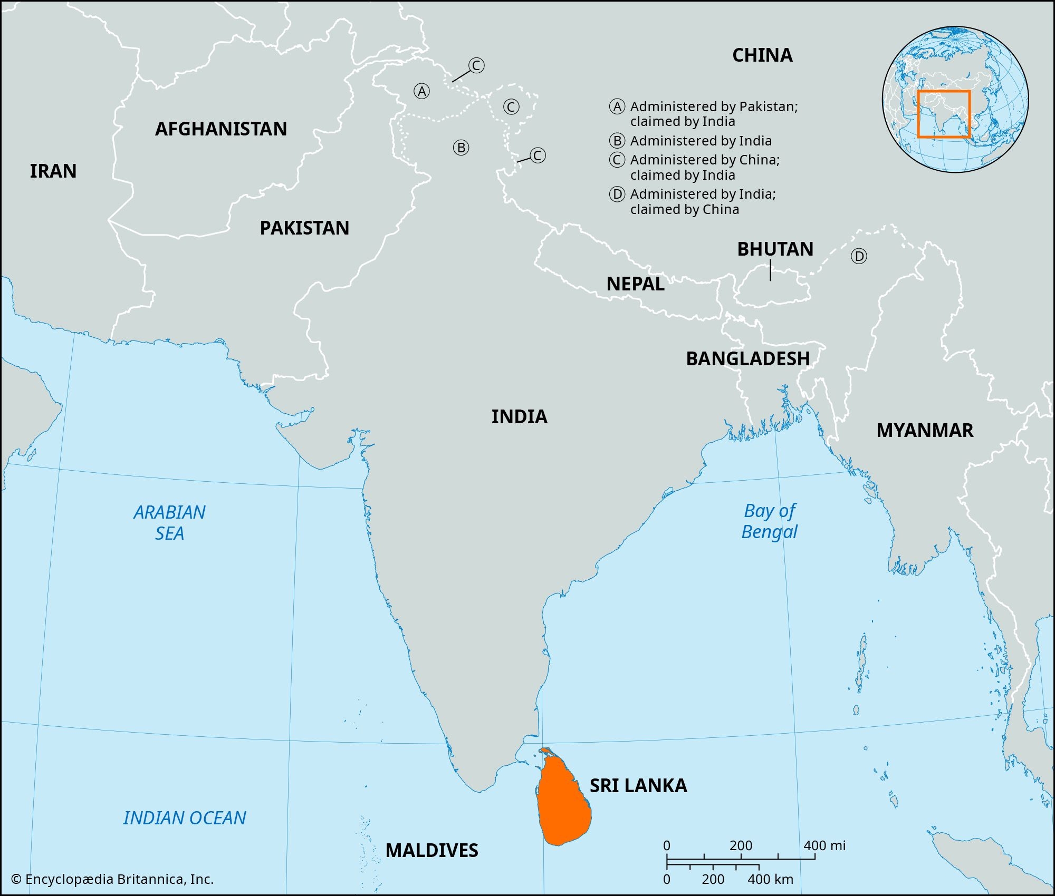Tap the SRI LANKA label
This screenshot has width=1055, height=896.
pyautogui.click(x=638, y=786)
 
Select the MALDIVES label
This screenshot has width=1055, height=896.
pyautogui.click(x=431, y=850)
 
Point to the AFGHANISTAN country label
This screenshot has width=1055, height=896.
pyautogui.click(x=220, y=129)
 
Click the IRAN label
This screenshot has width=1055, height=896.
pyautogui.click(x=53, y=171)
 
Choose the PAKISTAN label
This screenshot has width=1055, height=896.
pyautogui.click(x=304, y=228)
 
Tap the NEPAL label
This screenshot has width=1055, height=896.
pyautogui.click(x=635, y=284)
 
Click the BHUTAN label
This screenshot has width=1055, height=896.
pyautogui.click(x=775, y=249)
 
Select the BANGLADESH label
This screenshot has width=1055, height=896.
pyautogui.click(x=747, y=359)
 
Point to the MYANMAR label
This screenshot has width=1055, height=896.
pyautogui.click(x=925, y=431)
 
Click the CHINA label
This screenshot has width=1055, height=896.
pyautogui.click(x=762, y=55)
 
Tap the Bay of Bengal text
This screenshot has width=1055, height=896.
pyautogui.click(x=770, y=521)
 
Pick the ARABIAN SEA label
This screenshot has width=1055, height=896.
pyautogui.click(x=169, y=523)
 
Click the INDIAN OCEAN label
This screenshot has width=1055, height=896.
pyautogui.click(x=185, y=818)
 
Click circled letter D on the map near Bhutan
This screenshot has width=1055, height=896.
pyautogui.click(x=859, y=257)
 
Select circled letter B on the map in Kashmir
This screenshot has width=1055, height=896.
pyautogui.click(x=461, y=148)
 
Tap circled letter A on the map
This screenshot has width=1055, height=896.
pyautogui.click(x=421, y=92)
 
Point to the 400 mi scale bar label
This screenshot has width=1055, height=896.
pyautogui.click(x=824, y=846)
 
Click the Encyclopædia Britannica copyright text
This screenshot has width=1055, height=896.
pyautogui.click(x=112, y=879)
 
